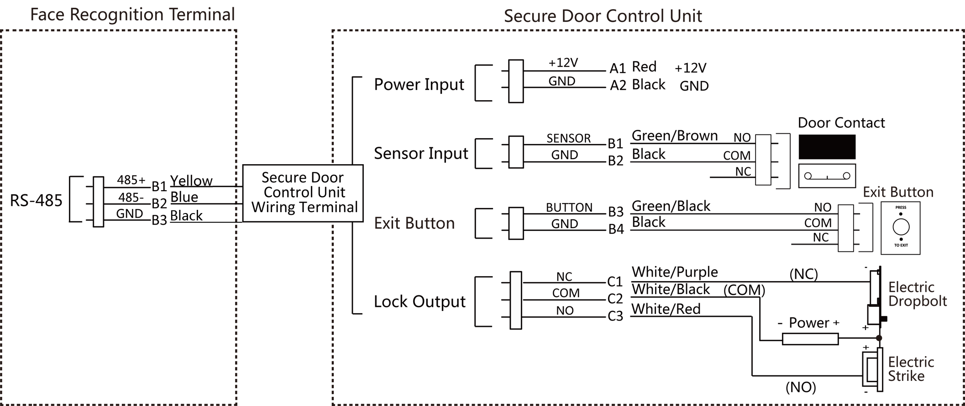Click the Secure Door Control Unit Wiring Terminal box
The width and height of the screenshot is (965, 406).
pos(303,193)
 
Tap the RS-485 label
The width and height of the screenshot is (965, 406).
pos(36,200)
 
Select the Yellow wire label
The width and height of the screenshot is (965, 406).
pos(191,181)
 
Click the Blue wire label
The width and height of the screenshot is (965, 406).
pos(184,197)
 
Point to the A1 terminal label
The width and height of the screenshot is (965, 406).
pos(618,68)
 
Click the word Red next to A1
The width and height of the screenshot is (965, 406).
pos(644,67)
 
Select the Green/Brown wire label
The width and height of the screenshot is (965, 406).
pos(675,136)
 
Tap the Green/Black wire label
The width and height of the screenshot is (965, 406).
pos(671,206)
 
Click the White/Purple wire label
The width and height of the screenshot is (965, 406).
pos(675,272)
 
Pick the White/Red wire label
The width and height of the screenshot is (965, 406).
pos(666,309)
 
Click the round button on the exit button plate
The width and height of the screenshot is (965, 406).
pos(901,226)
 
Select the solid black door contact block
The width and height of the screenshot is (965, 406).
pos(827,147)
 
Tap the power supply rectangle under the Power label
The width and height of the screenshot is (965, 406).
pos(810,339)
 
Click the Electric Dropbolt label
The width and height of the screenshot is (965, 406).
pos(918,294)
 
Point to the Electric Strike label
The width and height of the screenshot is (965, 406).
pos(911,369)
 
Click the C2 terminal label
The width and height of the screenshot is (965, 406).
pos(615,299)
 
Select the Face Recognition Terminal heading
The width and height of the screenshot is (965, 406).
pos(132,15)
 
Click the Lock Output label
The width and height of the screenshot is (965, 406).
pos(420,302)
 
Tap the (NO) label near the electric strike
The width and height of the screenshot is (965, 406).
pos(801,387)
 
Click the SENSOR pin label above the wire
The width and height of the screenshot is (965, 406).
pos(569,138)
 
